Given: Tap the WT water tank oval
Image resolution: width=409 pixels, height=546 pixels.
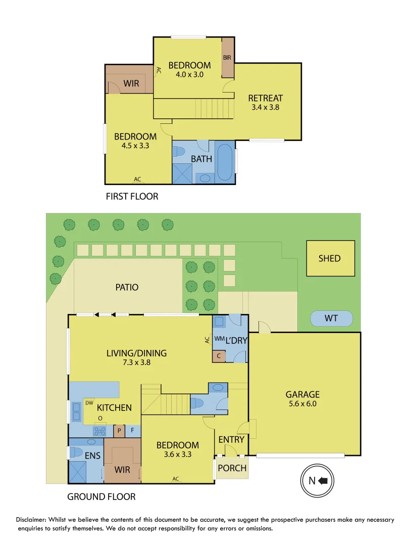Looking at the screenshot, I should (x=331, y=318).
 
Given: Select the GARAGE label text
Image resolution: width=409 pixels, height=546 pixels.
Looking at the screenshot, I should (x=303, y=394).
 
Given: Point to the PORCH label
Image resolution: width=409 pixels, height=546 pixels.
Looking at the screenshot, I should (x=232, y=468).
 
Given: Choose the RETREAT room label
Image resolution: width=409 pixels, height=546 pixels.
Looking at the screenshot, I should (x=266, y=98).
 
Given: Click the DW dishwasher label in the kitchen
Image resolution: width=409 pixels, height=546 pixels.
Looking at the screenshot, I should (x=89, y=403).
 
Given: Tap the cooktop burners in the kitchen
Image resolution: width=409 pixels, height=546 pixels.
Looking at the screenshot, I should (x=99, y=431).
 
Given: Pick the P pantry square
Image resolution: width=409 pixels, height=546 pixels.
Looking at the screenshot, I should (x=119, y=431).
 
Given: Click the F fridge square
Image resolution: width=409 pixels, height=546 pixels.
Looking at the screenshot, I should (x=132, y=431).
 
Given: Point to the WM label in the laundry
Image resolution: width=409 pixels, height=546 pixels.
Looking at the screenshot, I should (x=219, y=338).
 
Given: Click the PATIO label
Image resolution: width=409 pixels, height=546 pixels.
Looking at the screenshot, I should (x=126, y=287).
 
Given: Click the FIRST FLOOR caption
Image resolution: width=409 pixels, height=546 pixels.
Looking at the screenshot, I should (x=131, y=196).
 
